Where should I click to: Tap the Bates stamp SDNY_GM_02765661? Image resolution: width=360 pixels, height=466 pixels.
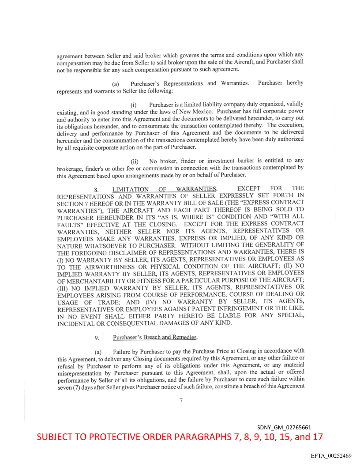(x=285, y=428)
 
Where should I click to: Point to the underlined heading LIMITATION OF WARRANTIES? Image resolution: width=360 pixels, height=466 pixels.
(x=164, y=189)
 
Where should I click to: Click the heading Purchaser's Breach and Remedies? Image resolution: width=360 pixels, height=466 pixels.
(x=154, y=338)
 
